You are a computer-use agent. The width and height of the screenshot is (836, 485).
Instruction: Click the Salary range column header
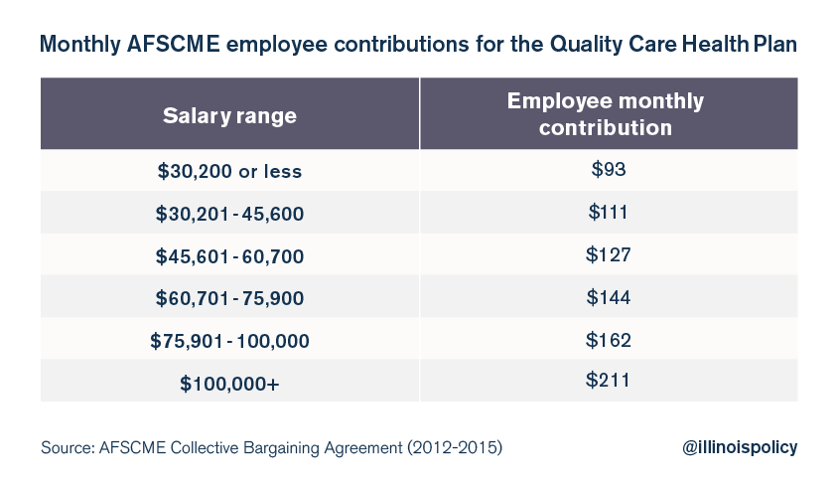[229, 115]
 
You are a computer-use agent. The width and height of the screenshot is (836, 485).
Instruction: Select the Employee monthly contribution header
[606, 114]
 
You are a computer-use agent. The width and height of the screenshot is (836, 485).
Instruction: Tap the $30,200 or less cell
[229, 171]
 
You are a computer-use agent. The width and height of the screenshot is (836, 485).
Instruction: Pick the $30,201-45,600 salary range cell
[229, 214]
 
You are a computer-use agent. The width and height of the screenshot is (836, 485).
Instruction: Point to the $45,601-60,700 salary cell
[229, 256]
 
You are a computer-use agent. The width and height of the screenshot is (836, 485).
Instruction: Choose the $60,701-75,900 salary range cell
[229, 298]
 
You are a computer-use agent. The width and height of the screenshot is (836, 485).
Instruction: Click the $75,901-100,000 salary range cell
[229, 341]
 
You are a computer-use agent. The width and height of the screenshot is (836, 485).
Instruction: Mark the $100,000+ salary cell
[229, 383]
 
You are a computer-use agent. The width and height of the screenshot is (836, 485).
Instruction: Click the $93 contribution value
[609, 169]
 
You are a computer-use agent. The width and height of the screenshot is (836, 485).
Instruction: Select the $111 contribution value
[609, 212]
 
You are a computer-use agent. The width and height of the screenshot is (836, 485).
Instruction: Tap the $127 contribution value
[609, 254]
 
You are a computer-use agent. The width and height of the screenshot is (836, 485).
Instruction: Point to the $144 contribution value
[609, 296]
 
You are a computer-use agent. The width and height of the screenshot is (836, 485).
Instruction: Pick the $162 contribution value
[609, 340]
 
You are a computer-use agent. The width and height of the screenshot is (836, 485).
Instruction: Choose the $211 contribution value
[608, 380]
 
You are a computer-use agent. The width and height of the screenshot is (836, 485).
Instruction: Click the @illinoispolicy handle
[740, 447]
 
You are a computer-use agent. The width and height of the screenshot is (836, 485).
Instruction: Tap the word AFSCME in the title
[174, 44]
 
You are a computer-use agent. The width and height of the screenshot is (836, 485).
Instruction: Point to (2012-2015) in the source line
[455, 447]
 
